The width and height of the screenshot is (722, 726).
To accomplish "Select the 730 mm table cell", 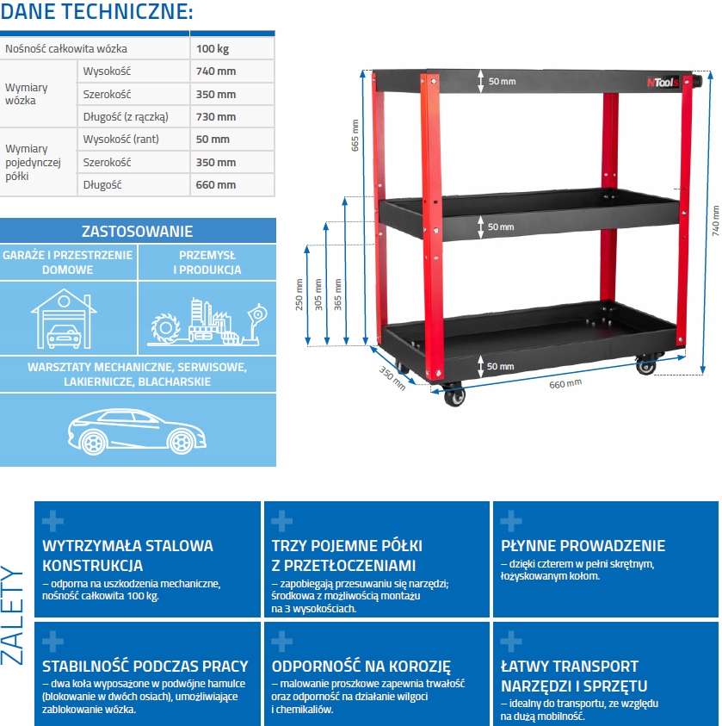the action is coord(215,117).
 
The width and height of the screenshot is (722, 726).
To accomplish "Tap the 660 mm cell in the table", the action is coord(215,184).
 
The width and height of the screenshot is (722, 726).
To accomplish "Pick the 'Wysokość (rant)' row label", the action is coord(120,140).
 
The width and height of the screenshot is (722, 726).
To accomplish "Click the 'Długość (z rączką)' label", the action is coord(125,117).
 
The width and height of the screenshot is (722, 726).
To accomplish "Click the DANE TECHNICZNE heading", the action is coord(96,12).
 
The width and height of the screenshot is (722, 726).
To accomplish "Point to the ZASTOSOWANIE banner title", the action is coord(138,231).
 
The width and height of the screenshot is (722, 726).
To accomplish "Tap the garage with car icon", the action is coord(63,319).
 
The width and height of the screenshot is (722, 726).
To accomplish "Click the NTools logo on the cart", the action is coord(663,82).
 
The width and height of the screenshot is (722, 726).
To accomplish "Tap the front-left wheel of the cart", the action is coord(454,396).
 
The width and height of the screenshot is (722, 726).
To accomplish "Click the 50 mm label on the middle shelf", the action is coord(501,227).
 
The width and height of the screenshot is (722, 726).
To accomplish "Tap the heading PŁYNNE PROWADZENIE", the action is coord(583,546).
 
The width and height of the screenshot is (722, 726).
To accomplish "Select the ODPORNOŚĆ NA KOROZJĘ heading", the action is coord(361,667).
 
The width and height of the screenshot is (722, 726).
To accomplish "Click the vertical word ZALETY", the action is coord(14,613).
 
